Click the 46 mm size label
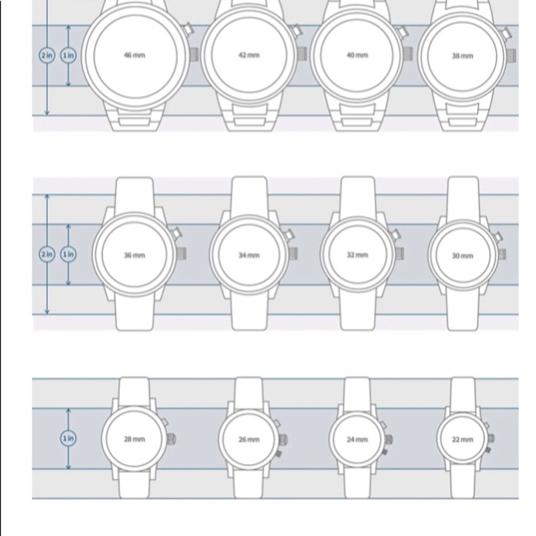point(135,55)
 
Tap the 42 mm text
point(249,55)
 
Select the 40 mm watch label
point(357,55)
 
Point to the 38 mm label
point(463,56)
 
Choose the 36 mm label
point(135,255)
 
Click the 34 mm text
point(249,255)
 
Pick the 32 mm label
point(357,255)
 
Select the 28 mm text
point(135,439)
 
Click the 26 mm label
point(249,440)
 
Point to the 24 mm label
point(357,440)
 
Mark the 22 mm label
point(463,440)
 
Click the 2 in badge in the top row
point(47,55)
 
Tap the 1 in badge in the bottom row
point(69,438)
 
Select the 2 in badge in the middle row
point(47,254)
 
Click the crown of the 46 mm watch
point(194,55)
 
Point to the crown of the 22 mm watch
point(491,438)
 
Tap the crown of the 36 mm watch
point(182,254)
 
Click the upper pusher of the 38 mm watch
point(505,33)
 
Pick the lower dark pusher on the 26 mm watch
point(278,453)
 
